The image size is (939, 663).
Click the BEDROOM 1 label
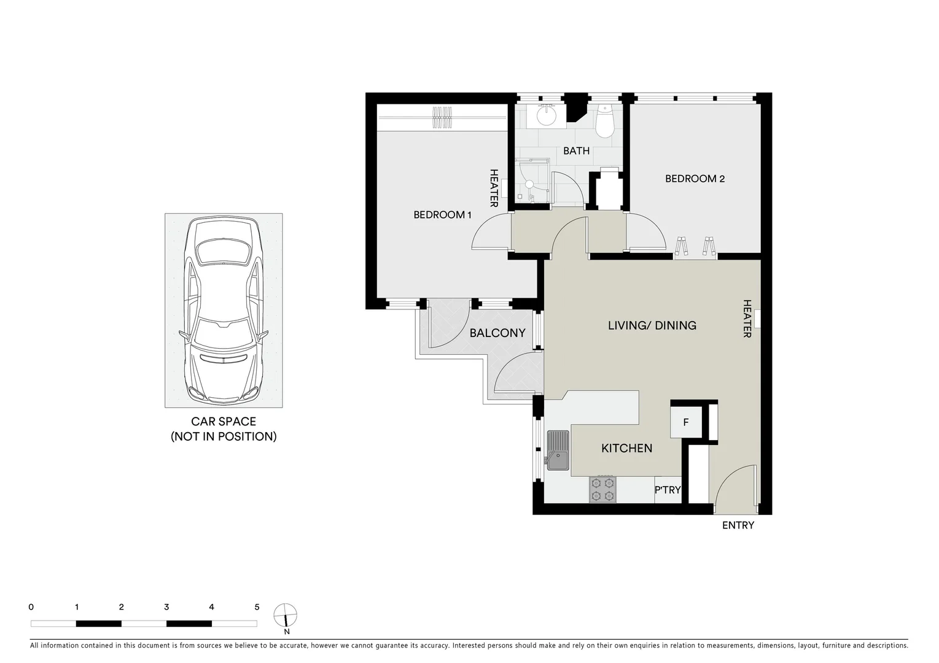pyautogui.click(x=442, y=215)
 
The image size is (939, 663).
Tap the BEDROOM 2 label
pyautogui.click(x=695, y=179)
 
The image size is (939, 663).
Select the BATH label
pyautogui.click(x=576, y=151)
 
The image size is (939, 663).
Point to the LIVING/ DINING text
pyautogui.click(x=652, y=325)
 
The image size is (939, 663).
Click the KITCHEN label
pyautogui.click(x=626, y=449)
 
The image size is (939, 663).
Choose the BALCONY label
pyautogui.click(x=497, y=333)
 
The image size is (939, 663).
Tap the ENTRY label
pyautogui.click(x=738, y=525)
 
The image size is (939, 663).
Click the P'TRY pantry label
pyautogui.click(x=668, y=490)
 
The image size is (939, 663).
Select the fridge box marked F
pyautogui.click(x=686, y=423)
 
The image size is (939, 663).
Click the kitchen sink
pyautogui.click(x=558, y=450)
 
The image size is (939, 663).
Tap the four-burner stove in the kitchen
pyautogui.click(x=602, y=489)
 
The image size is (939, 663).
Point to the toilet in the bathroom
pyautogui.click(x=605, y=122)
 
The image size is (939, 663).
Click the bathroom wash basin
pyautogui.click(x=546, y=115)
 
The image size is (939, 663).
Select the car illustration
pyautogui.click(x=224, y=311)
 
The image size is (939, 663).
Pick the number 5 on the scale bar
pyautogui.click(x=257, y=607)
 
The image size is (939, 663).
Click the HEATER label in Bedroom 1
pyautogui.click(x=493, y=188)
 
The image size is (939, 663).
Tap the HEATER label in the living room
pyautogui.click(x=747, y=319)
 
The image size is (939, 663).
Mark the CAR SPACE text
pyautogui.click(x=224, y=422)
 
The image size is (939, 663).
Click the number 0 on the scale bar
pyautogui.click(x=31, y=607)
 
